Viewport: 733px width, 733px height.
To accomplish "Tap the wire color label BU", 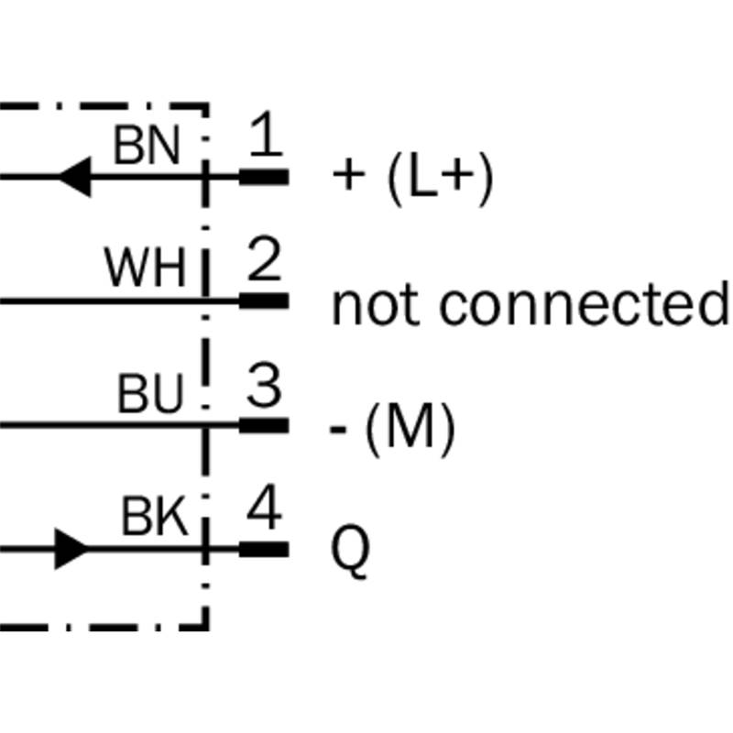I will pos(151,395).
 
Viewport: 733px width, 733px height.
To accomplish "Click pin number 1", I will pos(264,138).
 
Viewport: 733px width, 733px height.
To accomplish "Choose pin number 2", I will pos(264,263).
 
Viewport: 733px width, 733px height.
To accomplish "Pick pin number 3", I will pos(264,388).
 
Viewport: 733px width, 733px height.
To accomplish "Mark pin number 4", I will pos(264,512).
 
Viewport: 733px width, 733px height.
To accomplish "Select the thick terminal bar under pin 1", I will pos(264,176).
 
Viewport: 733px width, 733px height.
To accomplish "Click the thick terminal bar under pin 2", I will pos(264,301).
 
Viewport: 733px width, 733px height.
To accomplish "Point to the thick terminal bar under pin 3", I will pos(264,425).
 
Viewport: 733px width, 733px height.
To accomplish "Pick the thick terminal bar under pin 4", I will pos(264,550).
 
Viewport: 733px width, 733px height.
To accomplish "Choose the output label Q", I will pos(350,552).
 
